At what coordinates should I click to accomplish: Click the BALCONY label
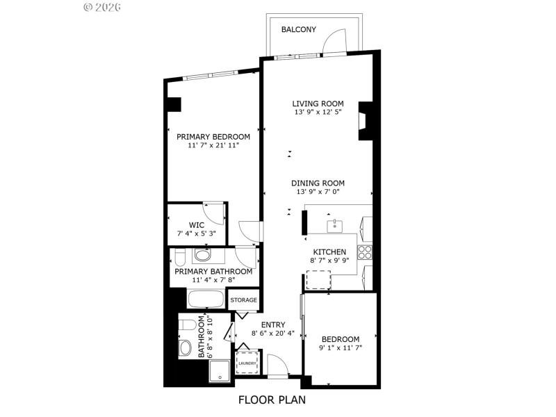pyautogui.click(x=299, y=30)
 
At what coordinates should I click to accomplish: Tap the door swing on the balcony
pyautogui.click(x=335, y=40)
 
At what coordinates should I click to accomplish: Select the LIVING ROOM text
pyautogui.click(x=318, y=104)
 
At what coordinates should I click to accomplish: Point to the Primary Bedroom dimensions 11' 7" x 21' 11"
pyautogui.click(x=213, y=146)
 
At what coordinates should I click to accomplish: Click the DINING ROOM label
pyautogui.click(x=318, y=183)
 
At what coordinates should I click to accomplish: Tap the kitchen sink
pyautogui.click(x=334, y=225)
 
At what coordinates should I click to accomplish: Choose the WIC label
pyautogui.click(x=196, y=224)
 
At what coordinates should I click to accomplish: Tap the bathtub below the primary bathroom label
pyautogui.click(x=206, y=300)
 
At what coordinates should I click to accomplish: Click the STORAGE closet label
pyautogui.click(x=244, y=300)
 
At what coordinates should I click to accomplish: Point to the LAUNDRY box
pyautogui.click(x=247, y=363)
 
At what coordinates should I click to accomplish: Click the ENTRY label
pyautogui.click(x=273, y=325)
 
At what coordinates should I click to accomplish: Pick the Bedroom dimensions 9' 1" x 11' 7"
pyautogui.click(x=341, y=347)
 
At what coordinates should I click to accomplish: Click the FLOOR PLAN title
pyautogui.click(x=272, y=400)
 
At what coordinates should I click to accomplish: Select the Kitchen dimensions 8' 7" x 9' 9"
pyautogui.click(x=329, y=261)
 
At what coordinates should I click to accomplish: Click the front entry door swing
pyautogui.click(x=276, y=365)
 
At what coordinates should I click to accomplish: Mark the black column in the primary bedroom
pyautogui.click(x=173, y=104)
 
